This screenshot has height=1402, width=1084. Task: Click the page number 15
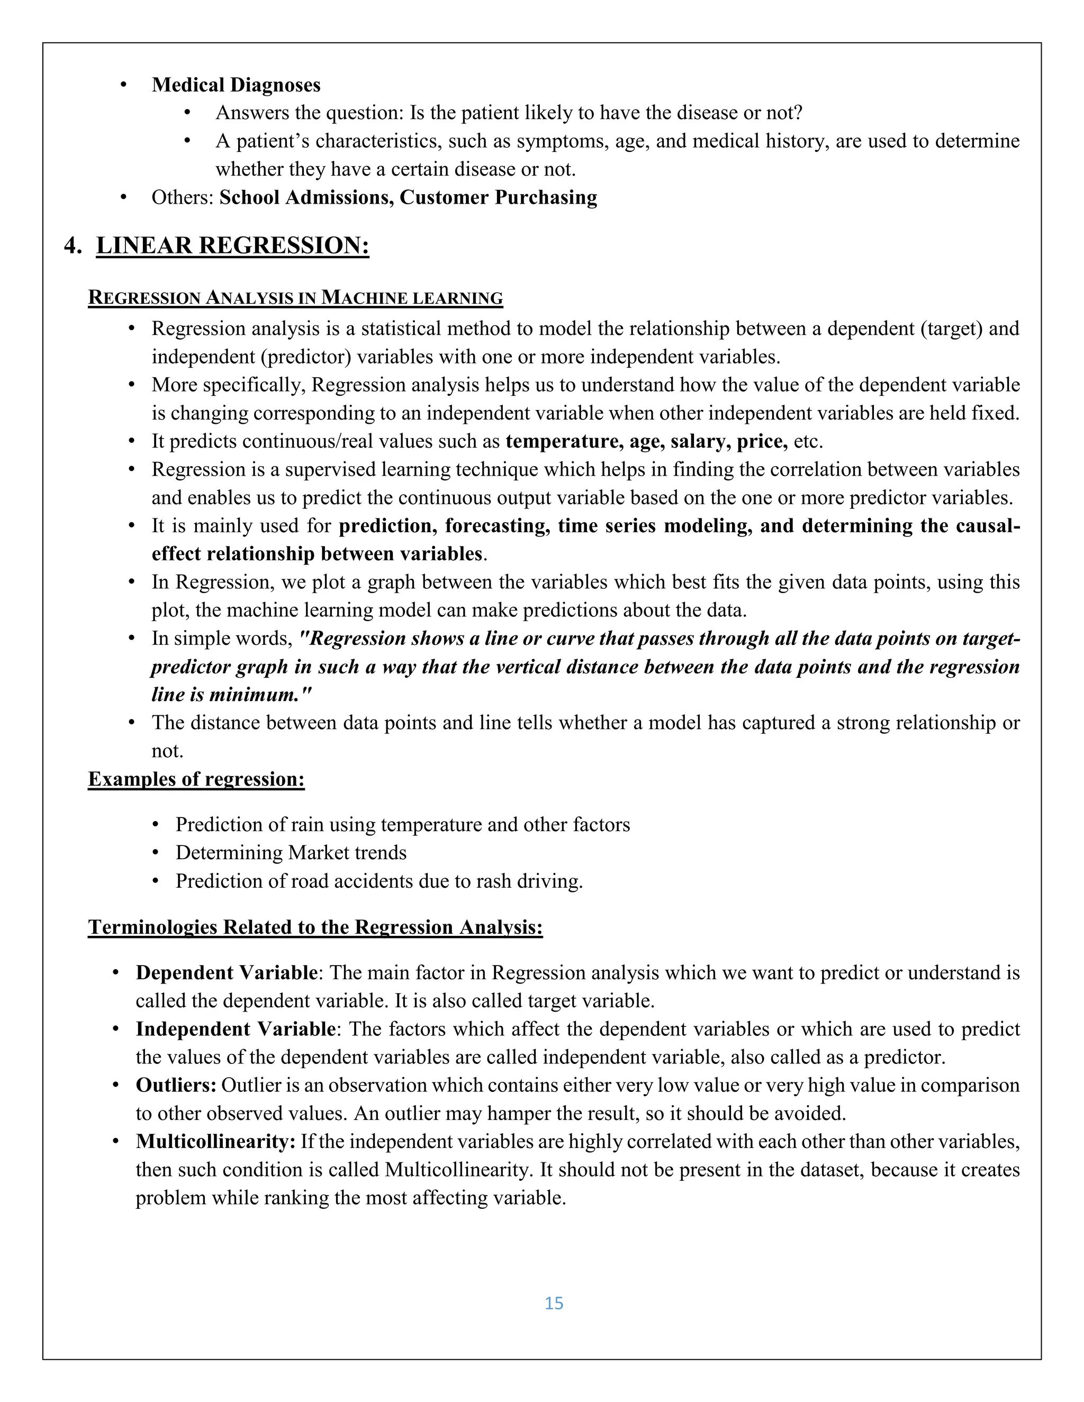click(554, 1303)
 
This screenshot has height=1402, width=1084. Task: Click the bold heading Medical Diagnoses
click(236, 85)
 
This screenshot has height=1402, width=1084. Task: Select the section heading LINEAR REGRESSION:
click(232, 245)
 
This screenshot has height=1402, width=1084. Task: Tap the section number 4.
click(73, 245)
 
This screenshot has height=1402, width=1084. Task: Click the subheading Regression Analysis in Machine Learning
click(295, 298)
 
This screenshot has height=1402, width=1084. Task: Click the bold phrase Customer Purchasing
click(498, 197)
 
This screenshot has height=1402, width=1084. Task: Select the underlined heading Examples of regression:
click(196, 779)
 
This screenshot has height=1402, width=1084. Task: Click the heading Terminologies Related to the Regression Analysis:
click(315, 927)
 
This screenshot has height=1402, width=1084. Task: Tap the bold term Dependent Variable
click(226, 972)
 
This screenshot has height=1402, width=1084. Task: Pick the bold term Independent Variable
click(235, 1029)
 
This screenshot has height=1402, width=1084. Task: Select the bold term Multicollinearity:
click(215, 1142)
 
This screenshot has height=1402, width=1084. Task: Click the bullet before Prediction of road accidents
click(156, 881)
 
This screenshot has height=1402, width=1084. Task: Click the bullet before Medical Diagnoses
click(124, 85)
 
